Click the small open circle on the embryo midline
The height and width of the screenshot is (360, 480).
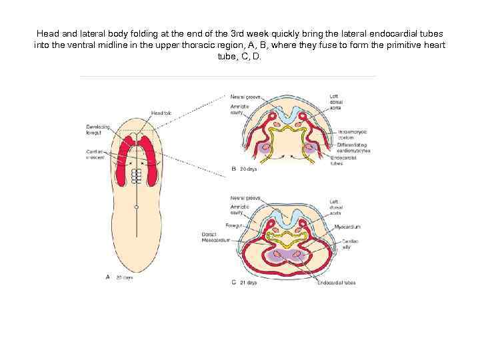point(136,207)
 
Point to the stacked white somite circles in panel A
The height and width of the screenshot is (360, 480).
point(136,175)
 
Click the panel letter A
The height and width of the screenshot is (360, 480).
point(108,276)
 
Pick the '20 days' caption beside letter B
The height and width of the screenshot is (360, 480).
point(248,169)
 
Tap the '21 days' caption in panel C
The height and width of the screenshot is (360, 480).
point(248,282)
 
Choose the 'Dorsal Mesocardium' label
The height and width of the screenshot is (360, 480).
point(215,237)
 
